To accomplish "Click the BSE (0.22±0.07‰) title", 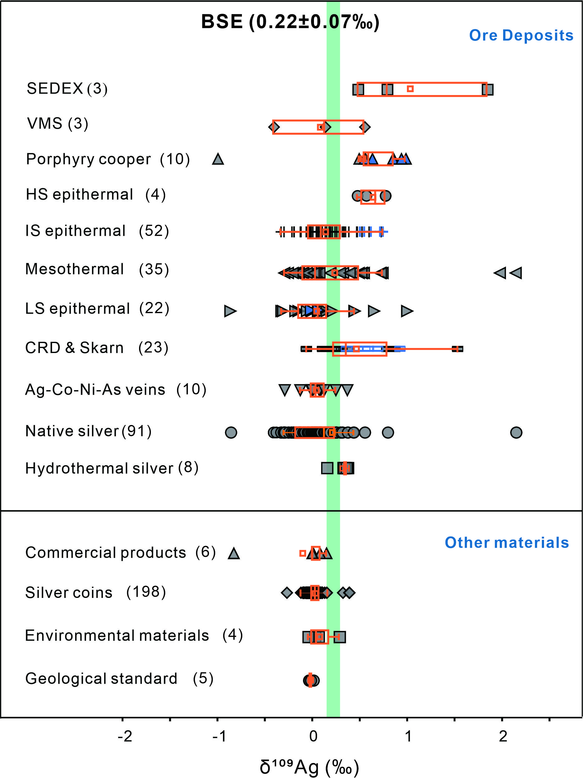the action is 290,22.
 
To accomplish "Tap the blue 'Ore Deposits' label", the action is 521,36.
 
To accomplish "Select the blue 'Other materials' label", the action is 507,543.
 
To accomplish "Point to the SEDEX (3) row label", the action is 67,88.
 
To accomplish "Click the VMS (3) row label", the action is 58,124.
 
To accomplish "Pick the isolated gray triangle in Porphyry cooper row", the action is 218,159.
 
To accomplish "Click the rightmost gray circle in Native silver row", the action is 516,432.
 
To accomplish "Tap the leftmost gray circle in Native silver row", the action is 231,432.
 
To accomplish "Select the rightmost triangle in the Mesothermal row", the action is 516,273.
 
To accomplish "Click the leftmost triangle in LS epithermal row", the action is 230,311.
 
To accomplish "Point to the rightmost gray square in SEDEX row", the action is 488,90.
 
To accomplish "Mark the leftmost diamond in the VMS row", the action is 274,127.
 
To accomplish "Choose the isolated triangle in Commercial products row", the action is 234,553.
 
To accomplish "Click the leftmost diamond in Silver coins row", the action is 287,593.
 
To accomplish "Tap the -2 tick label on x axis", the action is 125,736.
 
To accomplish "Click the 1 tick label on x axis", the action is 408,736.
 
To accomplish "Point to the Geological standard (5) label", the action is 119,679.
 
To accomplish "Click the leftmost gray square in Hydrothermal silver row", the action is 327,468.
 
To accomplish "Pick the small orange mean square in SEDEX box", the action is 410,88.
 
